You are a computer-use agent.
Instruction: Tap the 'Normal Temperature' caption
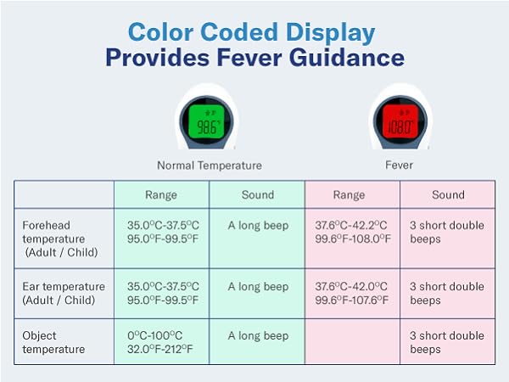tap(209, 166)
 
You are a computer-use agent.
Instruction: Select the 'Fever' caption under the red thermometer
tap(399, 166)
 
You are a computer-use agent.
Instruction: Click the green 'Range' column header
tap(161, 194)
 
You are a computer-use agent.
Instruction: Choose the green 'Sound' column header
tap(257, 194)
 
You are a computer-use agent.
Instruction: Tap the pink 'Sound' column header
tap(448, 194)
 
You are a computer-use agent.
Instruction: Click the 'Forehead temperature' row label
tap(59, 239)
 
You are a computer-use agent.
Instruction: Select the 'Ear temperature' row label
tap(64, 293)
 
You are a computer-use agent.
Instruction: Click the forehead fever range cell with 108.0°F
tap(353, 233)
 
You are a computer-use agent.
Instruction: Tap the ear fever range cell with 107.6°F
tap(353, 294)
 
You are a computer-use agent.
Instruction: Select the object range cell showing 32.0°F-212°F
tap(161, 342)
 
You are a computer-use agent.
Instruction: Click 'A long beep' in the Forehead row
tap(258, 226)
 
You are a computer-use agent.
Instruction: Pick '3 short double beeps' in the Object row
tap(447, 342)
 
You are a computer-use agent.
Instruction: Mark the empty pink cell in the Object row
tap(352, 342)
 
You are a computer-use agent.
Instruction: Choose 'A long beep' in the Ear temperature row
tap(258, 287)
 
